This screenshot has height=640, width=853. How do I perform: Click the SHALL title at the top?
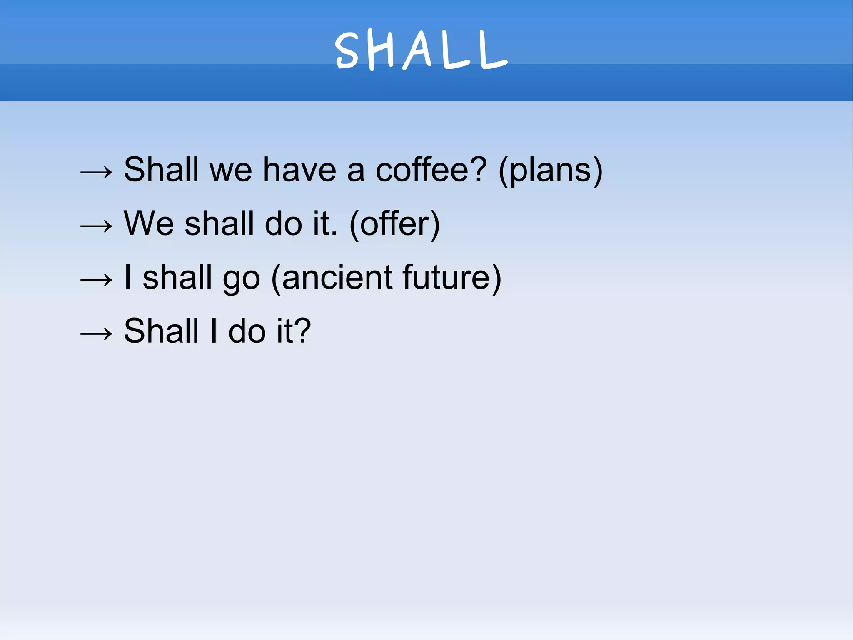[421, 50]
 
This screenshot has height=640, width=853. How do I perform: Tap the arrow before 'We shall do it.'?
[96, 226]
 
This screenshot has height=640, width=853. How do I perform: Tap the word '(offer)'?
[394, 224]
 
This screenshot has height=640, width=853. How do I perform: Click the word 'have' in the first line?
[299, 170]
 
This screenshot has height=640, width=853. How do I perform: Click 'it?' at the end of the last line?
[294, 331]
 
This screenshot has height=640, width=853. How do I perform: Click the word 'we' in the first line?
[231, 171]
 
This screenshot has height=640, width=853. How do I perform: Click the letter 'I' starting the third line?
[128, 277]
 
